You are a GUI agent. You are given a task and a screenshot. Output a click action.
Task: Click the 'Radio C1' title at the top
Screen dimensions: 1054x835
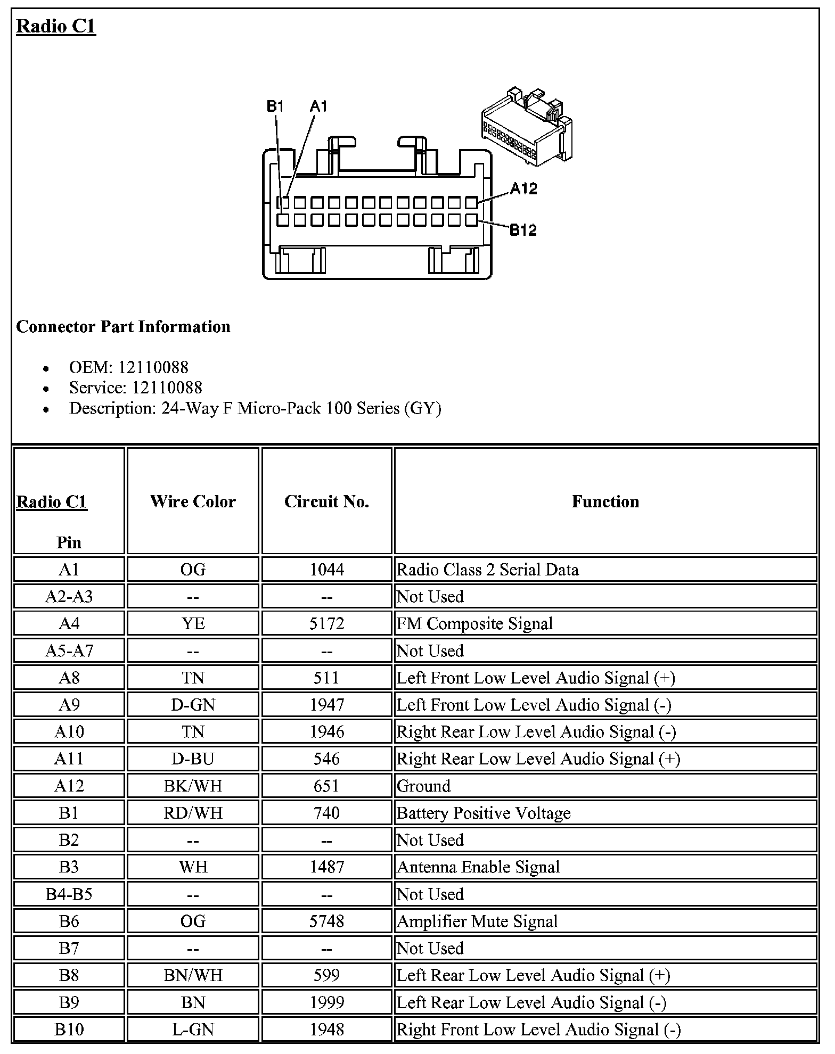click(x=56, y=26)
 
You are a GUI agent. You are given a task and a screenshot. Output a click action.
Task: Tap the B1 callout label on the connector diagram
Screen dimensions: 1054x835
click(x=275, y=106)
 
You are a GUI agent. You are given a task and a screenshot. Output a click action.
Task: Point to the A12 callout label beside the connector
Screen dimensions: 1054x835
click(x=524, y=188)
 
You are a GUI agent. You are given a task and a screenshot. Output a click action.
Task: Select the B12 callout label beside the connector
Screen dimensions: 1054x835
click(x=523, y=230)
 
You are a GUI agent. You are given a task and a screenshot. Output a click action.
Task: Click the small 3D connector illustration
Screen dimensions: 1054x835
click(x=527, y=126)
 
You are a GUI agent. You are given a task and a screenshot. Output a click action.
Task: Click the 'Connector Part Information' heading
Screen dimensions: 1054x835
click(x=123, y=326)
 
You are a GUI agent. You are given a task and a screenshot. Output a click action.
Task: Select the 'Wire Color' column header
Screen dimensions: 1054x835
click(x=193, y=501)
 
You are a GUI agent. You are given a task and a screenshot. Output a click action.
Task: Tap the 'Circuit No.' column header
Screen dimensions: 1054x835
click(x=326, y=501)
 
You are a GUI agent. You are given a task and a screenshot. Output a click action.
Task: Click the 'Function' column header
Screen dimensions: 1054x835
click(x=605, y=501)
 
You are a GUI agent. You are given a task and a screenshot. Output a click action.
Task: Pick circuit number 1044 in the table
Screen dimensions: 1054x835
click(x=326, y=570)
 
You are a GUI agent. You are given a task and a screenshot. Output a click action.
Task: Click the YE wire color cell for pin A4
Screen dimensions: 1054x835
click(x=193, y=623)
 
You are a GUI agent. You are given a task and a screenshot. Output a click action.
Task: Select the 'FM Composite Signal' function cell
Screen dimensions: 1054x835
click(x=475, y=623)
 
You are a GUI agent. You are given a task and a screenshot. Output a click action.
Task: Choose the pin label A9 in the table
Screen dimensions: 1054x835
click(x=69, y=705)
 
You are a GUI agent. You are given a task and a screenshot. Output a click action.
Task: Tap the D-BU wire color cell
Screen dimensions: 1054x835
click(x=193, y=759)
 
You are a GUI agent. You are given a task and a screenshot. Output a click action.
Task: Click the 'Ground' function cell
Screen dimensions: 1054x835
click(x=424, y=786)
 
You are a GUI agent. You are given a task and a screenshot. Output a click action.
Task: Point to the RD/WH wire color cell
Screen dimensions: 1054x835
click(x=193, y=813)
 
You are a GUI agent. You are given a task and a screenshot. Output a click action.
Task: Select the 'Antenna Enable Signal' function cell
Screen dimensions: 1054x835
click(x=478, y=867)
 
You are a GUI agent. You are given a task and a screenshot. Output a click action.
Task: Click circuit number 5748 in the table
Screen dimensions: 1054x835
click(x=326, y=921)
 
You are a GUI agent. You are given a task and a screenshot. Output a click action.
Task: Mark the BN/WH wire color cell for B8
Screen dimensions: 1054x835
click(x=193, y=975)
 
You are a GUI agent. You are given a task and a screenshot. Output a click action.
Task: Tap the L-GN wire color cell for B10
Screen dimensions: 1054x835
click(x=193, y=1030)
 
